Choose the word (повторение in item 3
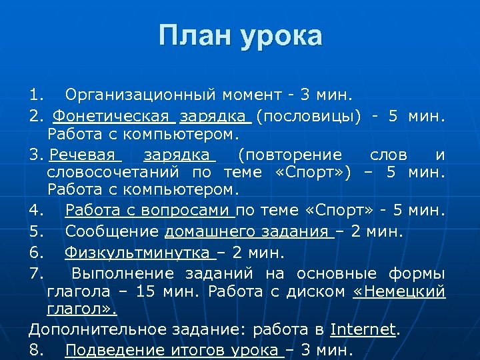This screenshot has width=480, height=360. coord(290,155)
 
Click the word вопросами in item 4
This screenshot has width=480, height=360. coord(195,211)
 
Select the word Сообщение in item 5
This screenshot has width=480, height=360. coord(112,231)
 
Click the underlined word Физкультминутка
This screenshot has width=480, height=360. coord(137,253)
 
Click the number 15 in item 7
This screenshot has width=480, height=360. coord(143,291)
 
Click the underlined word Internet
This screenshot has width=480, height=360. coord(363,329)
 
